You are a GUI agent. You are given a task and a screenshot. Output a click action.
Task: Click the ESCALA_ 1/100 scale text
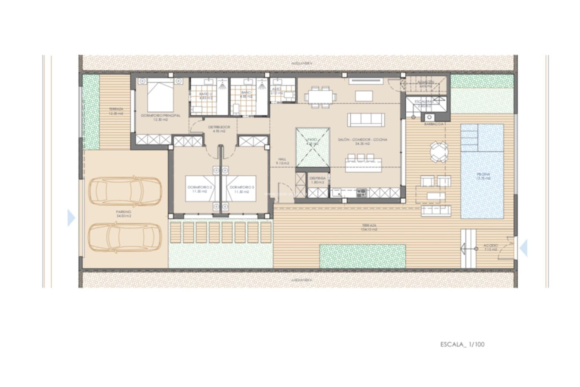[462, 344]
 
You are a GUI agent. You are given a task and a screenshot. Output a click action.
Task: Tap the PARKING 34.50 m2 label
[124, 214]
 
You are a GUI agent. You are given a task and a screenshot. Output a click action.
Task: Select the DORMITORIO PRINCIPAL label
[160, 117]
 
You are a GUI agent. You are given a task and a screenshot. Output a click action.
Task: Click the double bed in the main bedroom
[160, 95]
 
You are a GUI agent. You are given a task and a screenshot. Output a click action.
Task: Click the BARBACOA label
[434, 124]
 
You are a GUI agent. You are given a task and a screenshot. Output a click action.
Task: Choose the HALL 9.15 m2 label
[282, 161]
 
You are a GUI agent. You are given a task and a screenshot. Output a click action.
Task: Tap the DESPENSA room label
[317, 180]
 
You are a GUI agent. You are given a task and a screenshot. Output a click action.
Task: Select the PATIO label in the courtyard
[313, 142]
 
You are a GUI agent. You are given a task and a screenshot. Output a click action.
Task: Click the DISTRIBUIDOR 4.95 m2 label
[219, 129]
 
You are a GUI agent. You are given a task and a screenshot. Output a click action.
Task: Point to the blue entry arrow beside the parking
[71, 218]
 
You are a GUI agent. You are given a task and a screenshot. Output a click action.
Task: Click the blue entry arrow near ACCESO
[524, 248]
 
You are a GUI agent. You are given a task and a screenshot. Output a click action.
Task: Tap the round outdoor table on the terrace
[439, 152]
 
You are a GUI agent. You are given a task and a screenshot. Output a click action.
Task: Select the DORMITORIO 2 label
[200, 189]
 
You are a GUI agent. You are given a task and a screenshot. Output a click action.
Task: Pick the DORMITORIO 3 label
[242, 189]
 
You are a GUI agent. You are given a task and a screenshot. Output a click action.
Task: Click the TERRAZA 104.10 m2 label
[369, 227]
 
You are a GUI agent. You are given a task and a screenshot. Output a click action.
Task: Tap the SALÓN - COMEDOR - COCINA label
[362, 141]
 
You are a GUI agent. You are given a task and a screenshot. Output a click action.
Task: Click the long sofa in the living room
[366, 120]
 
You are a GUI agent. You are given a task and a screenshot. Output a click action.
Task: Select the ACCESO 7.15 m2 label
[490, 248]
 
